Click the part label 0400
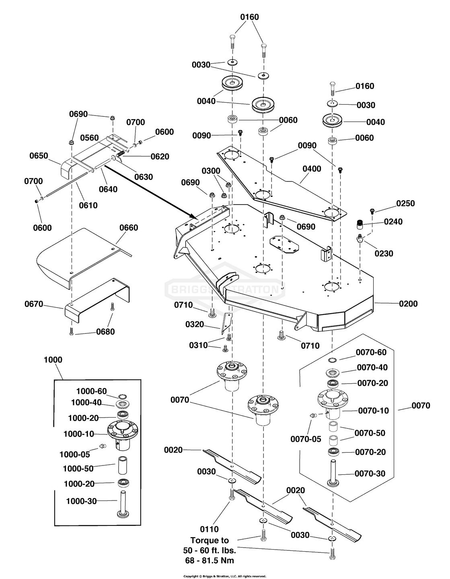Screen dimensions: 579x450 (x=312, y=169)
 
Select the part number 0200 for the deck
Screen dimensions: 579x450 (x=408, y=304)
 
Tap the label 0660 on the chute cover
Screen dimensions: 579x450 (x=128, y=228)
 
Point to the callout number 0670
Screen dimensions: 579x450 (x=33, y=304)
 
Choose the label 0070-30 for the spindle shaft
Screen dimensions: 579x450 (x=370, y=474)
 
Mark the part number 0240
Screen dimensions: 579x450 (x=393, y=221)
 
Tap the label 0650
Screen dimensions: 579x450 (x=39, y=156)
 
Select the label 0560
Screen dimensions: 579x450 (x=89, y=138)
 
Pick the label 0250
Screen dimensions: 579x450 (x=405, y=204)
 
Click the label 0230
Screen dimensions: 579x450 (x=384, y=254)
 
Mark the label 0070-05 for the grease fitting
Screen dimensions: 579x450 (x=306, y=439)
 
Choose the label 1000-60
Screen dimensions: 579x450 (x=92, y=391)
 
